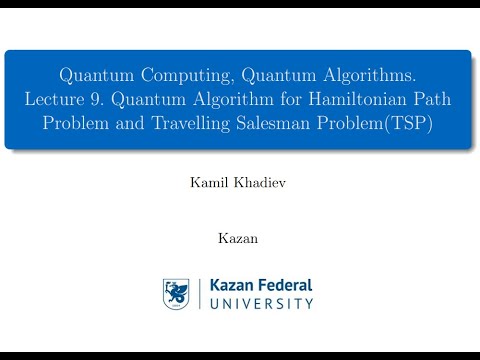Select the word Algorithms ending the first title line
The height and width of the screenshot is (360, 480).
click(369, 75)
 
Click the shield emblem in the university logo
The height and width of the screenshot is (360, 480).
click(177, 293)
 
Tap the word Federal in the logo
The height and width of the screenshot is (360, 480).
click(286, 285)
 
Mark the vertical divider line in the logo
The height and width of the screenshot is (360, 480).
click(198, 293)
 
